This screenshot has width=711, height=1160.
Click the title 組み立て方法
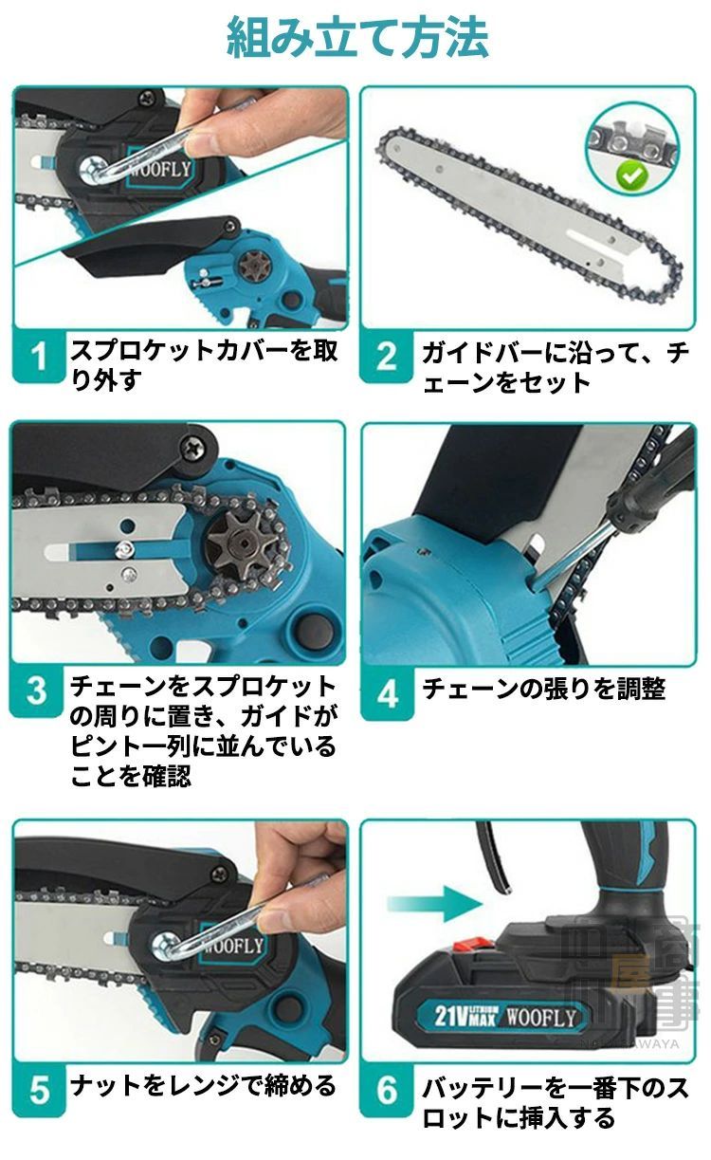click(x=357, y=38)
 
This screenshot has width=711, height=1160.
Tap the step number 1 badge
click(x=39, y=357)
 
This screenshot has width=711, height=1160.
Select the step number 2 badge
click(x=386, y=357)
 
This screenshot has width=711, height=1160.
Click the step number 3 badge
click(x=36, y=690)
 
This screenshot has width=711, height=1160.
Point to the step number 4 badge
click(x=387, y=694)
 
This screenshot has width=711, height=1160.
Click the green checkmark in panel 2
click(x=631, y=175)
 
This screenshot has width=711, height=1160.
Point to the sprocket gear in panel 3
click(x=240, y=542)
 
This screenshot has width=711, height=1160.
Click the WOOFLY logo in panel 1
click(x=160, y=168)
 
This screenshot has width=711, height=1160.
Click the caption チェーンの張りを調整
click(x=544, y=690)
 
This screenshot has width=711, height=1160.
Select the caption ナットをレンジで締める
click(x=204, y=1085)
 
